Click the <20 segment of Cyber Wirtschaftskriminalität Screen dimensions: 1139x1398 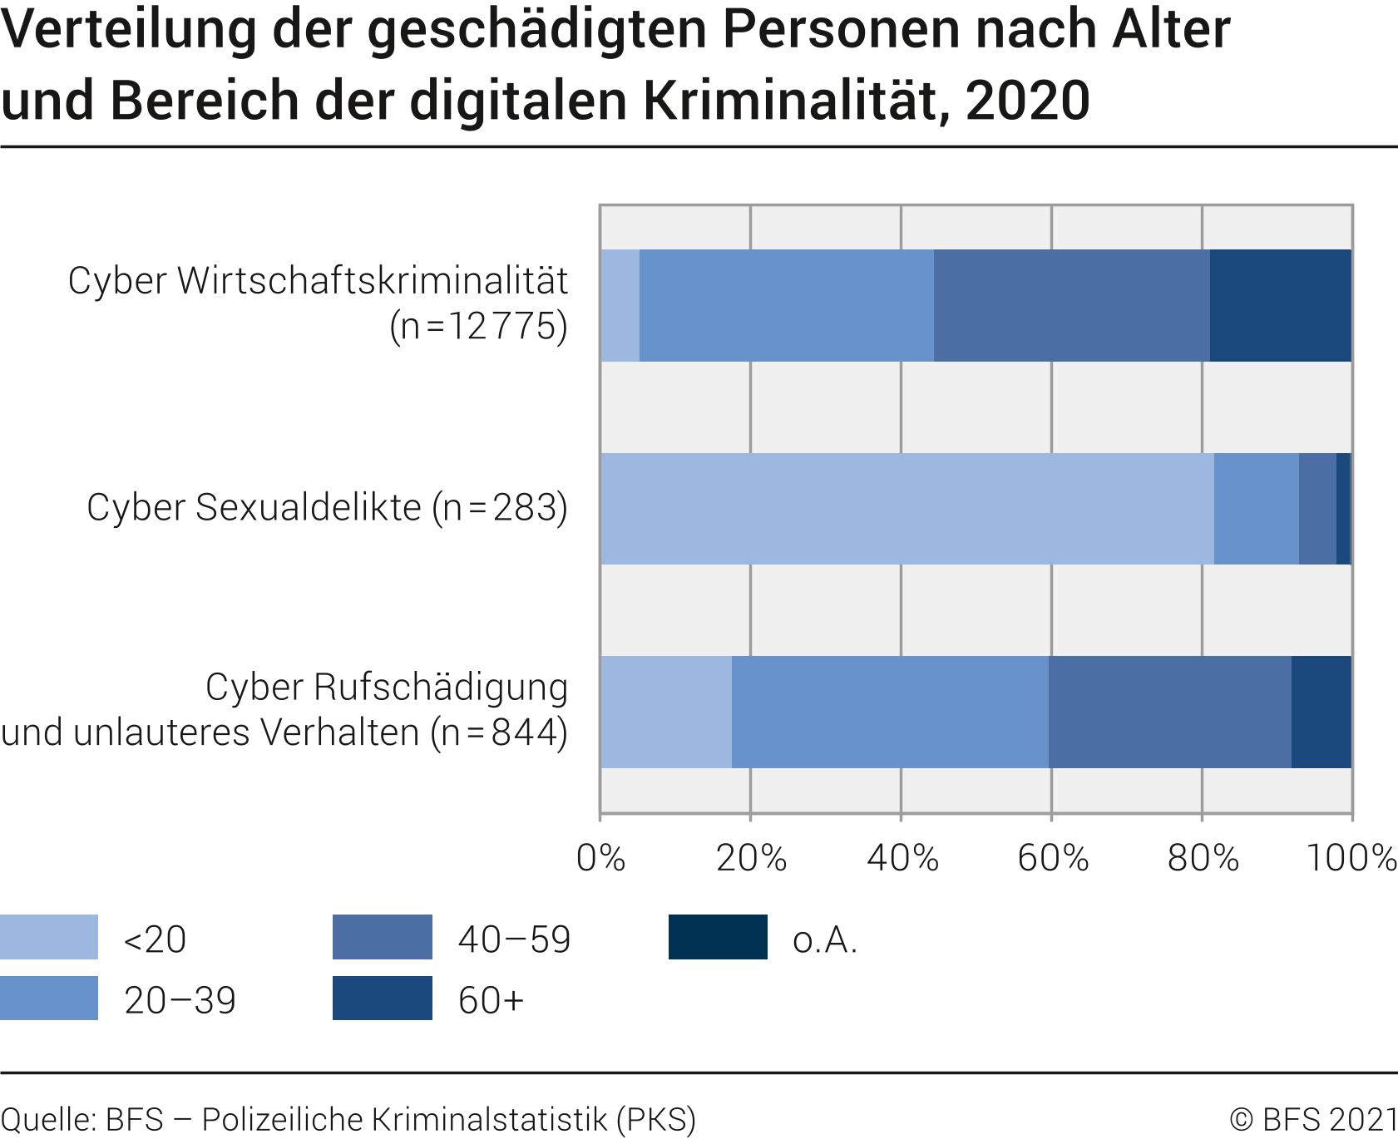coord(620,305)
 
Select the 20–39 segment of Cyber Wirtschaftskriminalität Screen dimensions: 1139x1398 coord(786,305)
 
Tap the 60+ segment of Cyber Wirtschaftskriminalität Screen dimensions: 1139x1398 coord(1280,305)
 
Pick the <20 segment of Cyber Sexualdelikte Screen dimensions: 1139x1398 coord(906,508)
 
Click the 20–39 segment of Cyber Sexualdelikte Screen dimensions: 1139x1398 coord(1256,508)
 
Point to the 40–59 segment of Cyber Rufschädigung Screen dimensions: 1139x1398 coord(1169,712)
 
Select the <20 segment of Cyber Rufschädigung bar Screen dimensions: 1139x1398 coord(665,712)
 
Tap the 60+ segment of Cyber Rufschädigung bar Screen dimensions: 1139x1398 coord(1321,712)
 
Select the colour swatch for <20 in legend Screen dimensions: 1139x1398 coord(49,937)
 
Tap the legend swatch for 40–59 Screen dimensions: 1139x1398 coord(382,937)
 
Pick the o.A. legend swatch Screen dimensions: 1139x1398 coord(718,937)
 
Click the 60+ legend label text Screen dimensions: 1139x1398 coord(491,1000)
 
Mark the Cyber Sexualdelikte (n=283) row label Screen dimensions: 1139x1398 coord(327,507)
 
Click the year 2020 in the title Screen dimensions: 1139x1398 coord(1027,101)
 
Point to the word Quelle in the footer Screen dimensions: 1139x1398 coord(48,1119)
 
